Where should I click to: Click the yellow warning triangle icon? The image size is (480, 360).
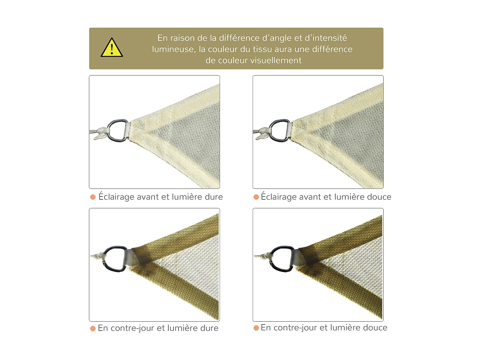point(112,48)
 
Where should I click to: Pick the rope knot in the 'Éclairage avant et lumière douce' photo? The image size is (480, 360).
point(264,133)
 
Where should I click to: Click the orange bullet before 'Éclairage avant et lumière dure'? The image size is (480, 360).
point(93,197)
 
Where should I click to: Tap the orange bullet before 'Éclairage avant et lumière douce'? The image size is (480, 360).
point(256,197)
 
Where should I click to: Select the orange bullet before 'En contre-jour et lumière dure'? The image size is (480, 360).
point(93,329)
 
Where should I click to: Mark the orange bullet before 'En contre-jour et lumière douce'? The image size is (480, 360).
point(256,328)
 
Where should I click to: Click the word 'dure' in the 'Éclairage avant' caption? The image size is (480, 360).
point(213,197)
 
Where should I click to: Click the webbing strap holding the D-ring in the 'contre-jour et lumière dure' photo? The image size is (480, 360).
point(132,258)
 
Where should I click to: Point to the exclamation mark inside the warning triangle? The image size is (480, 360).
point(112,49)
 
